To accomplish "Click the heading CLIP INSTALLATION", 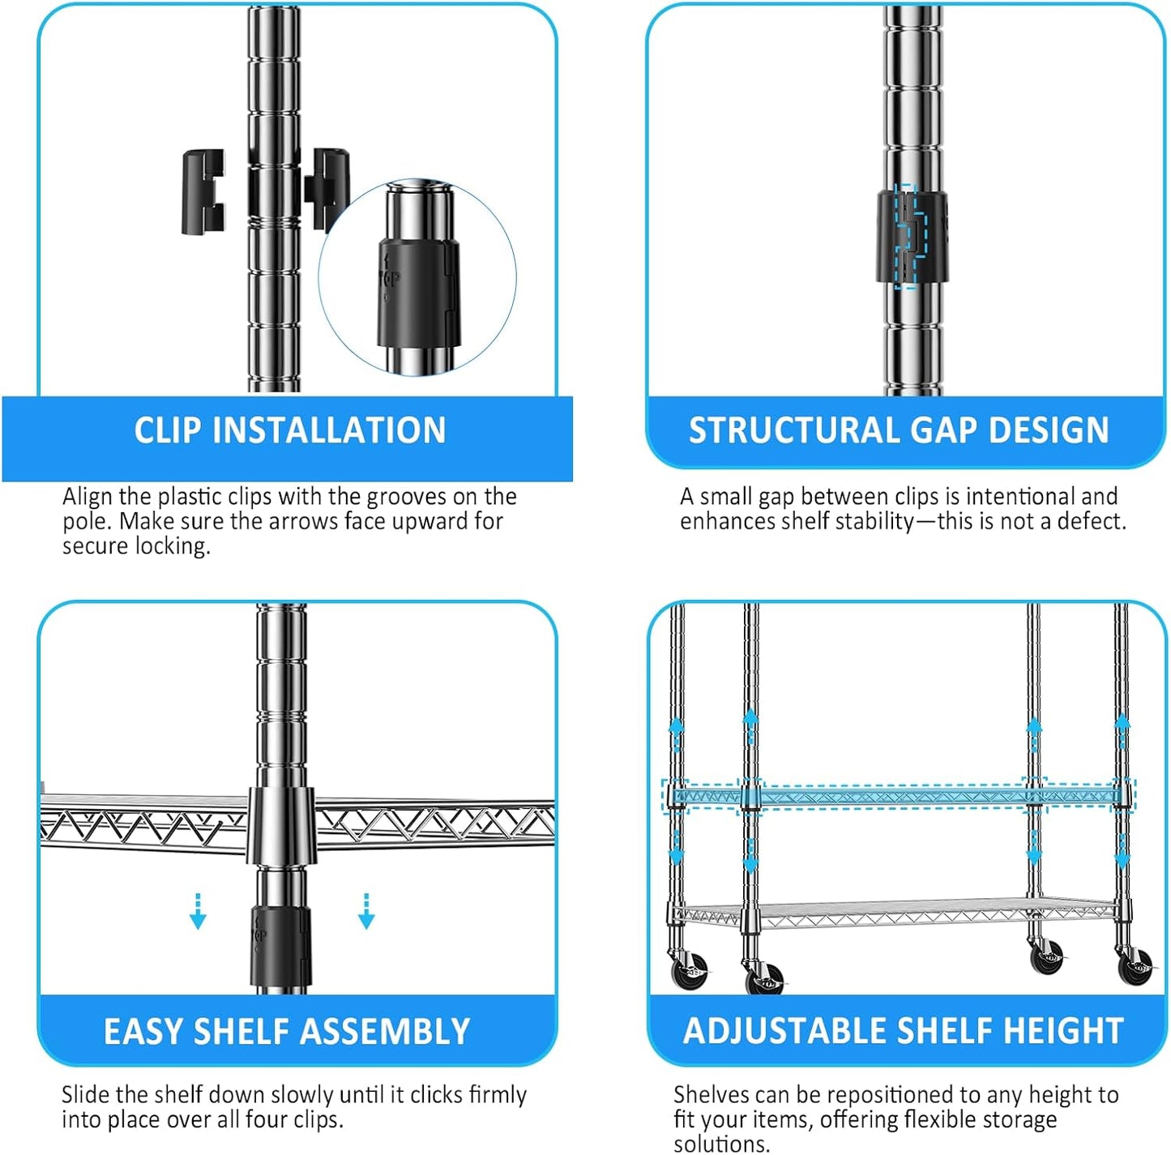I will click(289, 430).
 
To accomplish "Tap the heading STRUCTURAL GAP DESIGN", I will click(899, 430).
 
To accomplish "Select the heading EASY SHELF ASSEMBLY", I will click(287, 1032).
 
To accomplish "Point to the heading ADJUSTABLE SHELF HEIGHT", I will click(903, 1031).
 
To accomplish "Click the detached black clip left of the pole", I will click(203, 192).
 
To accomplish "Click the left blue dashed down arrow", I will click(198, 911).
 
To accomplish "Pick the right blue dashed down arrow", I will click(366, 911).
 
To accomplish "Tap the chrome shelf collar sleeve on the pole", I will click(281, 824).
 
